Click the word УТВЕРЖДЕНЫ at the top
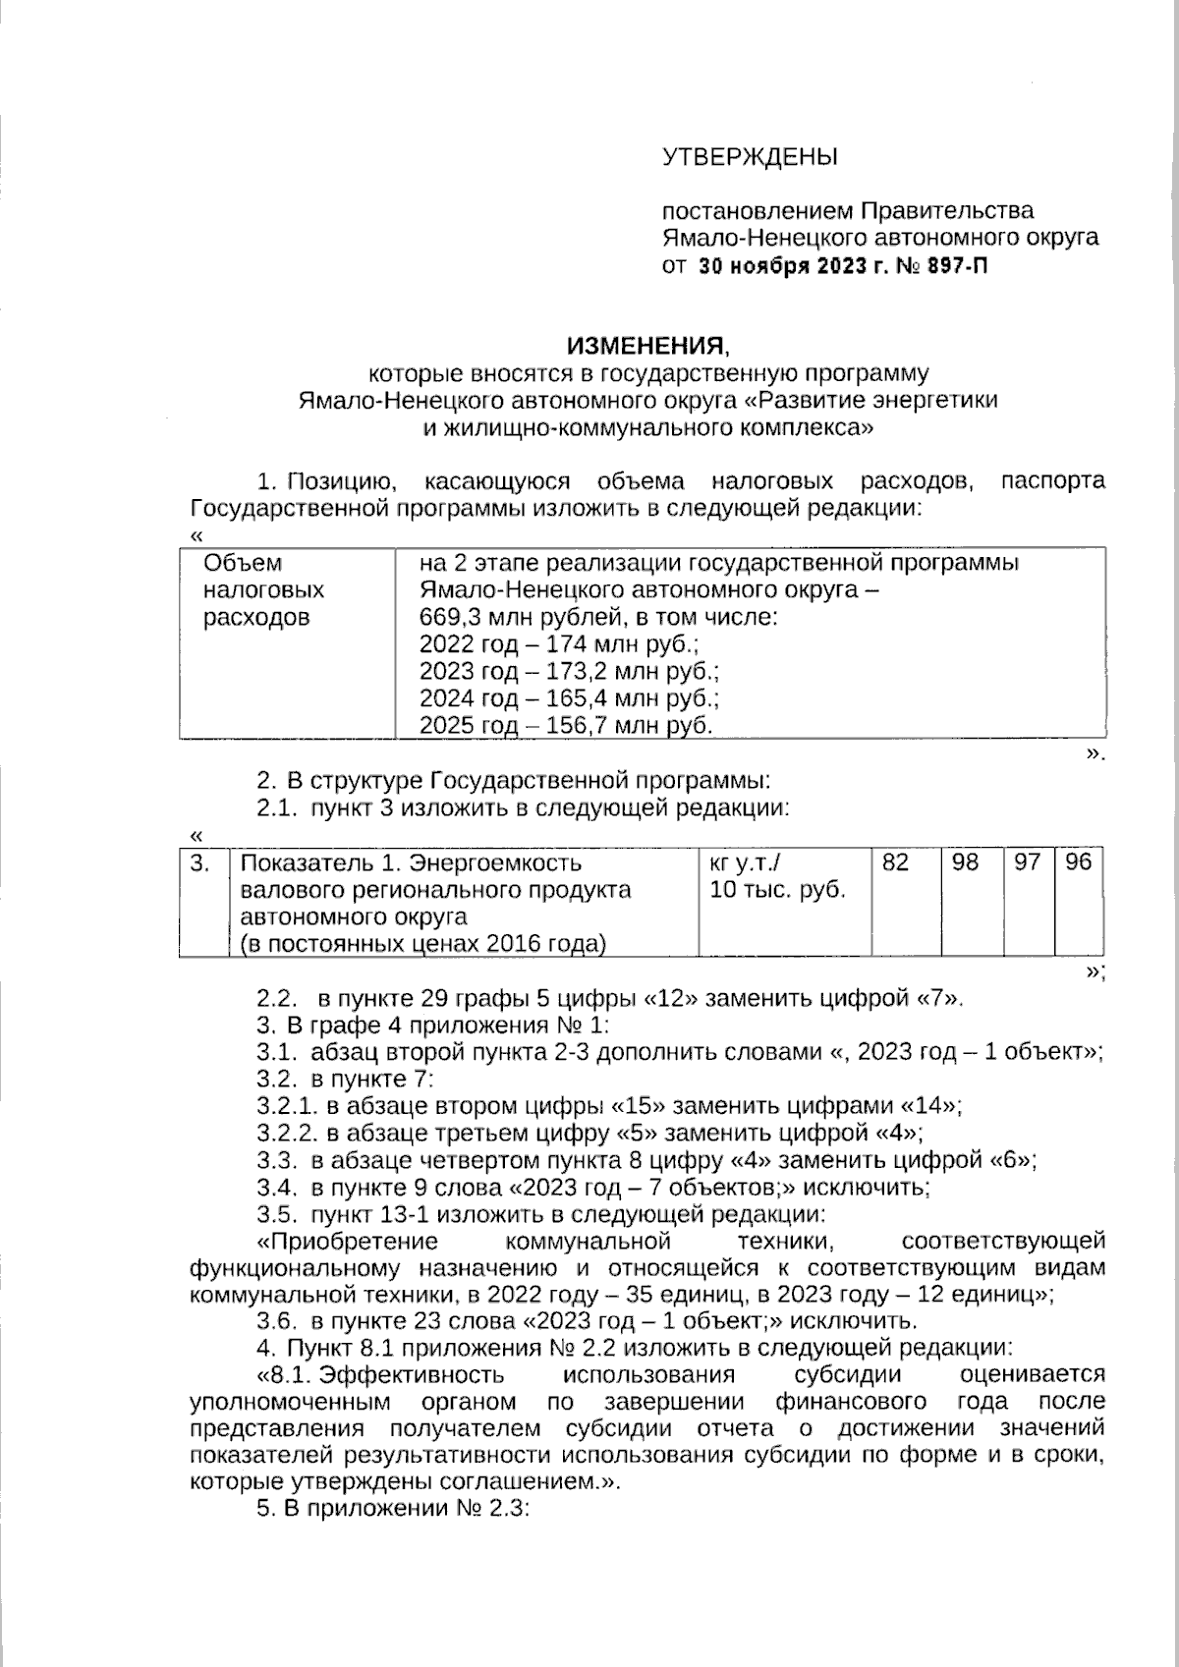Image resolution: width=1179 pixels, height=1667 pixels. tap(750, 156)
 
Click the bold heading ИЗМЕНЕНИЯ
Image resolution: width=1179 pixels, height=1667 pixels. tap(647, 345)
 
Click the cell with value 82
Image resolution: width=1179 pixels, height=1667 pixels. tap(895, 863)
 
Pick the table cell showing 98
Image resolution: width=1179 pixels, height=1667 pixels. tap(966, 863)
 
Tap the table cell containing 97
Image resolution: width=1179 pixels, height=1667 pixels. tap(1027, 863)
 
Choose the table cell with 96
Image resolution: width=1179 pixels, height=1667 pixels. tap(1078, 863)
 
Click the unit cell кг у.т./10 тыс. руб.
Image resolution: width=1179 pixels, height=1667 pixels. tap(776, 877)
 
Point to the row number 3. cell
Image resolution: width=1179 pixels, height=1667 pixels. tap(201, 863)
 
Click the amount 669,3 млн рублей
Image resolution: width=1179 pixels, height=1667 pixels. tap(500, 618)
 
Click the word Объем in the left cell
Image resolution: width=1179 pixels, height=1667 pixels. tap(242, 563)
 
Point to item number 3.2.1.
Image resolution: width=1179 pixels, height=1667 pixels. tap(288, 1105)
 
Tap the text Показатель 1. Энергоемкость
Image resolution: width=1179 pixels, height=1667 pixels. tap(411, 863)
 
